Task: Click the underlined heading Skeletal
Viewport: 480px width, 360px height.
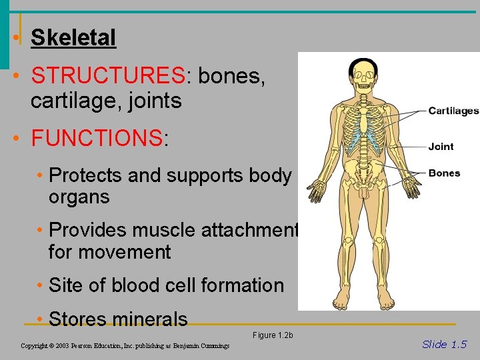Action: click(73, 38)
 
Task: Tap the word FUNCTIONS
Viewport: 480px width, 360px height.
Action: click(97, 139)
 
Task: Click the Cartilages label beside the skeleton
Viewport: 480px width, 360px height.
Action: click(453, 111)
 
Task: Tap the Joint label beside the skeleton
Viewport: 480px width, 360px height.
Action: click(441, 147)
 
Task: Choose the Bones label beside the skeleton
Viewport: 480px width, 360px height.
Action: click(444, 173)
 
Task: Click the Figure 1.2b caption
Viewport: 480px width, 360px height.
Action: click(273, 335)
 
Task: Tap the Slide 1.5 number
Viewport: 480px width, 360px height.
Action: click(444, 344)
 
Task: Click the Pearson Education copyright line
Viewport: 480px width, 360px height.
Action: click(125, 346)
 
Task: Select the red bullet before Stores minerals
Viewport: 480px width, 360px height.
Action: click(41, 319)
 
